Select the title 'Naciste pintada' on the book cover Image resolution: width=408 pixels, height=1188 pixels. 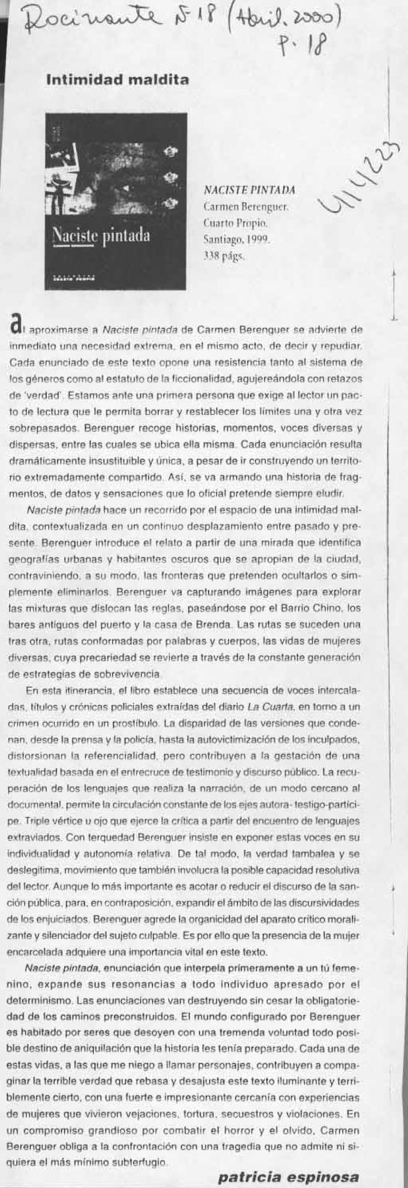coord(101,236)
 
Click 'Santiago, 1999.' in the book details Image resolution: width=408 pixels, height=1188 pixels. coord(236,240)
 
